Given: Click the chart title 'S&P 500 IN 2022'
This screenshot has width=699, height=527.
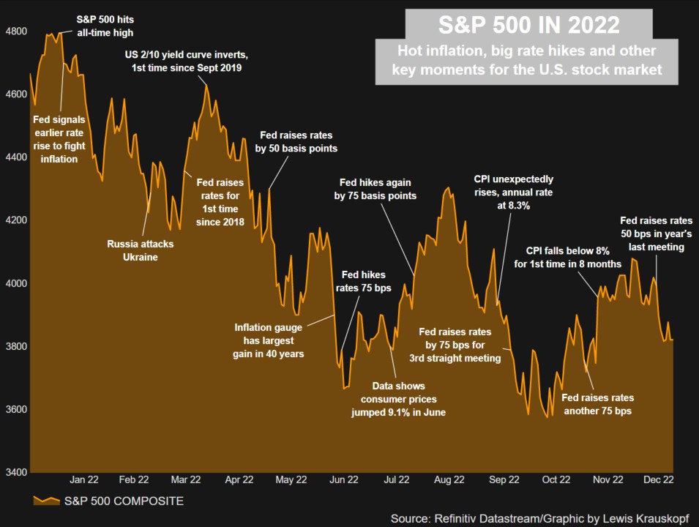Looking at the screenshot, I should [x=528, y=26].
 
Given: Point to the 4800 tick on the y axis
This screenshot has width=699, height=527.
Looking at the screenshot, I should [x=15, y=31].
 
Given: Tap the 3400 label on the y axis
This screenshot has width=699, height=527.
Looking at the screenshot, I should [x=15, y=472].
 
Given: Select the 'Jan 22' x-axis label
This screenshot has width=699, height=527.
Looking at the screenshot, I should [x=83, y=480].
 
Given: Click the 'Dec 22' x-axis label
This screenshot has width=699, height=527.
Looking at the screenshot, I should [x=658, y=480].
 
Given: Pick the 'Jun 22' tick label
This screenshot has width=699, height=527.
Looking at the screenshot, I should [x=344, y=480].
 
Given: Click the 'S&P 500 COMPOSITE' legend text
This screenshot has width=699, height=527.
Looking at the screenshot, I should [x=124, y=501].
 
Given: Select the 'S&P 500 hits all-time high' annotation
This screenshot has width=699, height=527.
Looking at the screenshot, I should [x=105, y=26].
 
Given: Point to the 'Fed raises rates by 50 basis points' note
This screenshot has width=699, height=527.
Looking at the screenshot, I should [x=296, y=142].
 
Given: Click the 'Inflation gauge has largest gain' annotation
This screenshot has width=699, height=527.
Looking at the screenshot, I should [x=269, y=340].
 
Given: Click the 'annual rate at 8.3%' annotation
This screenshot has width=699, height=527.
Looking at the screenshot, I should [x=512, y=193].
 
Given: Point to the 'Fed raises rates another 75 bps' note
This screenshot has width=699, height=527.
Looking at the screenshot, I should [x=597, y=404].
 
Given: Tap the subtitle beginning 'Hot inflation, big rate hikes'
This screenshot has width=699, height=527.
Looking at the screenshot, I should [x=528, y=60].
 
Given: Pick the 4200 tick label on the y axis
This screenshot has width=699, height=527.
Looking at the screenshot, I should [x=15, y=220].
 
